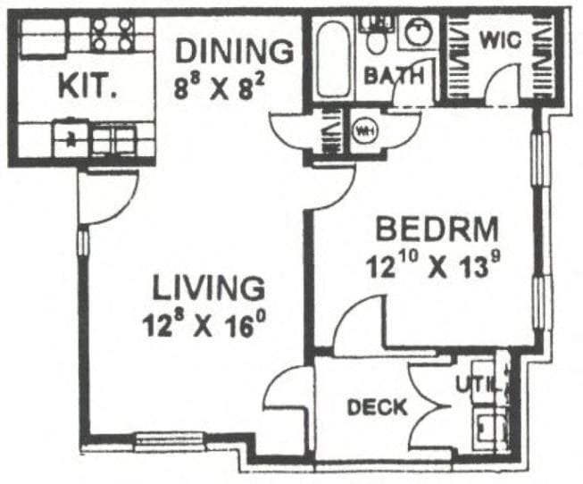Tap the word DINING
(233, 51)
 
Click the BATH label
(392, 77)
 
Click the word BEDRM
(437, 229)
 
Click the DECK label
(377, 408)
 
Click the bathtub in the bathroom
(335, 59)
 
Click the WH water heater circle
(365, 132)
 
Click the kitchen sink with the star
(69, 138)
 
